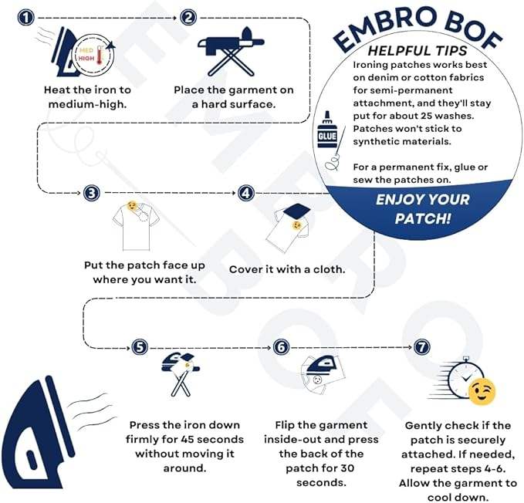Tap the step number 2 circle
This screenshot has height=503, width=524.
[189, 17]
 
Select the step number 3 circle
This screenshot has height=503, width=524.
[91, 193]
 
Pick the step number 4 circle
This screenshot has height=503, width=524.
[246, 193]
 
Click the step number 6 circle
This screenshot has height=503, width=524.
[281, 347]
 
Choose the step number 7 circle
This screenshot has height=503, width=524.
[421, 347]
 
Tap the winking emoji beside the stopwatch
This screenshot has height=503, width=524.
[482, 391]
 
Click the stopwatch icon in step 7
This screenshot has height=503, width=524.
[458, 378]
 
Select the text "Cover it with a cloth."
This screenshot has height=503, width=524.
[286, 270]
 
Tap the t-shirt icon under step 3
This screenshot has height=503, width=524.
[134, 224]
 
